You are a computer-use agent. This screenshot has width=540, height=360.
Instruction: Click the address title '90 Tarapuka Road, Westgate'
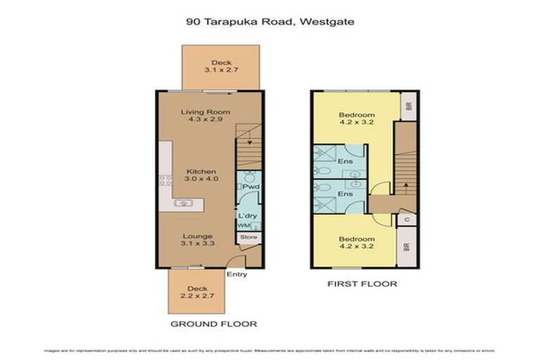[270, 22]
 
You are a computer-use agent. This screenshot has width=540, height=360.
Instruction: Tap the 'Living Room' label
[205, 112]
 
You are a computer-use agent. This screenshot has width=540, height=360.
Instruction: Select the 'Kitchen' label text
[201, 172]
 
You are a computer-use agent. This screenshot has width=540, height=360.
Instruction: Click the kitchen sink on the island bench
[184, 203]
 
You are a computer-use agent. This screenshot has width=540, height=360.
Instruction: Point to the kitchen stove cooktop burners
[166, 180]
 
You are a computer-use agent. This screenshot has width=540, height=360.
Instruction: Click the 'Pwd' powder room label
[250, 187]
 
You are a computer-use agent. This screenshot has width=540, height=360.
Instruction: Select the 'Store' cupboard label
[249, 238]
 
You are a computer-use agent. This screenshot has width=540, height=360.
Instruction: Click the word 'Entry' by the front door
[237, 274]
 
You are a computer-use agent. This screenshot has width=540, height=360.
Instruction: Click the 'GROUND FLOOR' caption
[214, 324]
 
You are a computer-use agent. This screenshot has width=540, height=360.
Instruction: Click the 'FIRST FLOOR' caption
[362, 284]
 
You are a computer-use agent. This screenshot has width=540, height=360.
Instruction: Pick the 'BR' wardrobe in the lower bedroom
[407, 247]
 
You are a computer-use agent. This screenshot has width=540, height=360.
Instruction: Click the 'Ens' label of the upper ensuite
[345, 162]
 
